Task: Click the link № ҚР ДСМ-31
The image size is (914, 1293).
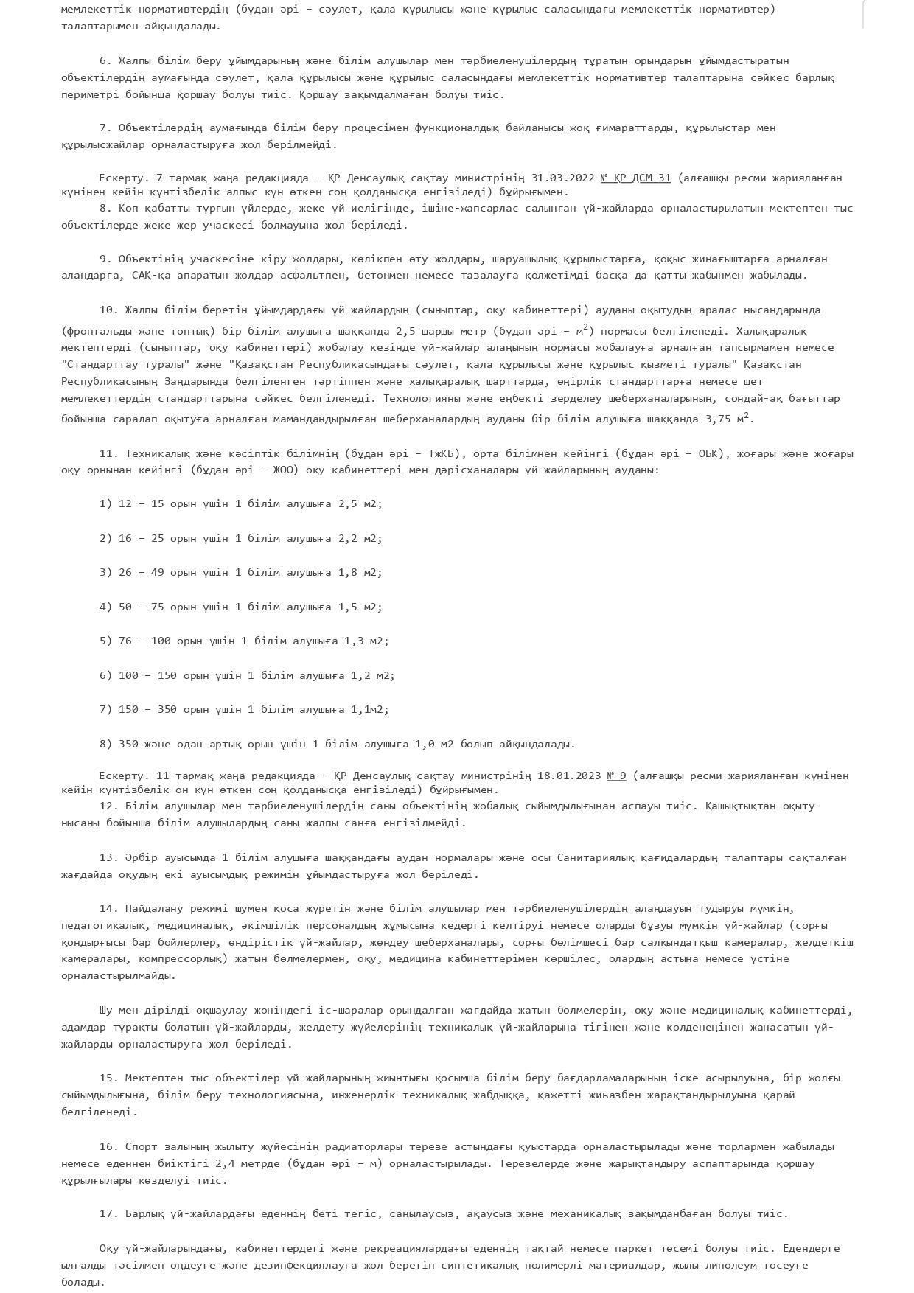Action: tap(635, 178)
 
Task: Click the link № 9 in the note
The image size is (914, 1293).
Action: tap(616, 776)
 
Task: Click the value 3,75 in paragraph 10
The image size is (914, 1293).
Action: tap(721, 419)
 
